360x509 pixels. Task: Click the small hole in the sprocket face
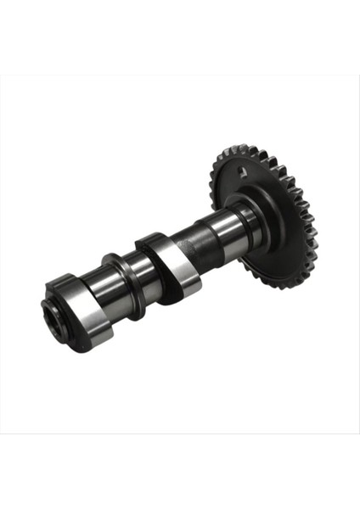[x=243, y=173]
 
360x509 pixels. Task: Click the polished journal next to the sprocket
[x=227, y=227]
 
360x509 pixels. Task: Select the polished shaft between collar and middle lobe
[x=140, y=276]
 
